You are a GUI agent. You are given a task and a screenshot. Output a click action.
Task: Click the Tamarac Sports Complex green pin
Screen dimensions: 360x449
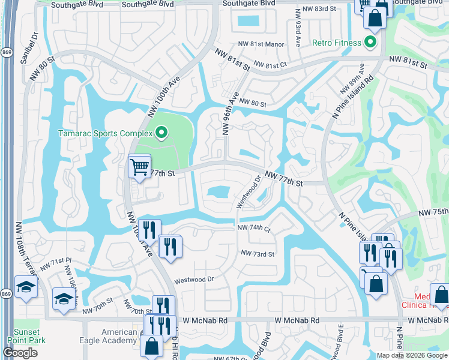coord(161,133)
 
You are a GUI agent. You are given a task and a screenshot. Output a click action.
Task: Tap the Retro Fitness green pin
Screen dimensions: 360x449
coord(370,43)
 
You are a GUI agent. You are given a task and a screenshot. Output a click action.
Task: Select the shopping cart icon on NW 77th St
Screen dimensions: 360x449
coord(139,166)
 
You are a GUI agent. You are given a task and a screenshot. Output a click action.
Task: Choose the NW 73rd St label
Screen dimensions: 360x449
coord(258,254)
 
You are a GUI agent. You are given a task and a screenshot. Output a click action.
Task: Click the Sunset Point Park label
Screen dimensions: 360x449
coord(27,336)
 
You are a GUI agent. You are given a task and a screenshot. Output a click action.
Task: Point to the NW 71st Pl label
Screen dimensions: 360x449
coord(56,263)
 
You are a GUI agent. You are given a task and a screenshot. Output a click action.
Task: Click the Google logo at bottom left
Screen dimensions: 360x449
coord(20,353)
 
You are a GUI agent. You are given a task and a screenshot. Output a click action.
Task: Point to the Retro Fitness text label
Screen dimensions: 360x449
coord(337,43)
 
